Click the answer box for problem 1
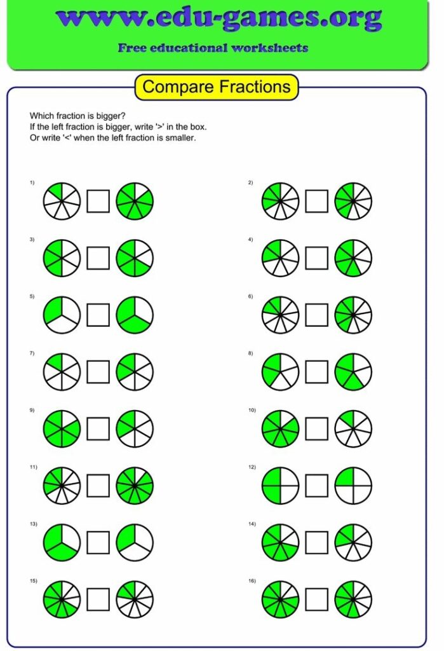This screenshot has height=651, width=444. (98, 202)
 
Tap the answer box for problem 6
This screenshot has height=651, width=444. (316, 315)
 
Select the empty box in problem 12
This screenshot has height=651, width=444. (316, 486)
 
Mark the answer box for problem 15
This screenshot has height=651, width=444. (98, 599)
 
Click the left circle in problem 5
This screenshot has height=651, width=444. (62, 315)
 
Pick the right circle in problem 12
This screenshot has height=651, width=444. (353, 486)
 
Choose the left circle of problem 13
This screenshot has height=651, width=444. (62, 542)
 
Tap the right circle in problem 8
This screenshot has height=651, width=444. (353, 372)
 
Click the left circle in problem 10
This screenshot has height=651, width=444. (280, 428)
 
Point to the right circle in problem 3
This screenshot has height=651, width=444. (135, 258)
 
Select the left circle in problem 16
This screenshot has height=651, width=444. (280, 599)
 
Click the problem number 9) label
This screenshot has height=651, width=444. (31, 410)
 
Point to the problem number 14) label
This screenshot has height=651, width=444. (252, 524)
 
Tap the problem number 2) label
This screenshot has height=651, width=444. (250, 183)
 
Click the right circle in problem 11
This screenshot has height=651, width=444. (135, 486)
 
